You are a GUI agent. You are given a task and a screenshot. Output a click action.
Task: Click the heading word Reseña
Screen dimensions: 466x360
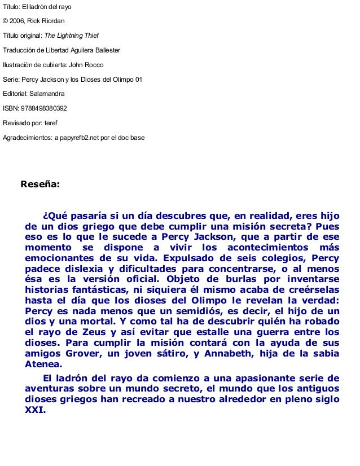tap(39, 184)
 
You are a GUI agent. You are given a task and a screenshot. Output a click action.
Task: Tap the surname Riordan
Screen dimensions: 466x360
tap(52, 21)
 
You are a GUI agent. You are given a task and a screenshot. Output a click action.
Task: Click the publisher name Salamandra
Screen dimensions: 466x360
tap(48, 94)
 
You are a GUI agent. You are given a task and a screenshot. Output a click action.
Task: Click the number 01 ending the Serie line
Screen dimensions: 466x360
tap(138, 80)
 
